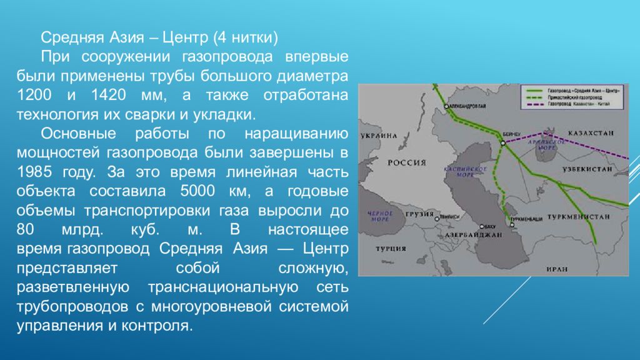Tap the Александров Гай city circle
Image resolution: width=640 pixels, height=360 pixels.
(447, 106)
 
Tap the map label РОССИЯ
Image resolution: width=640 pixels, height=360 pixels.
(407, 162)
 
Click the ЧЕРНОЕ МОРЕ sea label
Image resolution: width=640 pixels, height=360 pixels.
(379, 216)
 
